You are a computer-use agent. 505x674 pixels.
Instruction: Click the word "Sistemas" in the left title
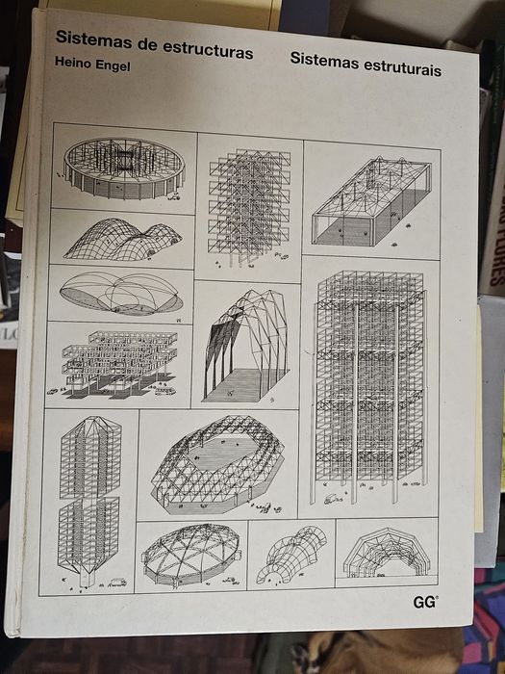click(x=88, y=39)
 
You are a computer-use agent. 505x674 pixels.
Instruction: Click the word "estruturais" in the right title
click(x=402, y=67)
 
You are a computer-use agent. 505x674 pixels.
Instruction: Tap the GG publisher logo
click(x=425, y=603)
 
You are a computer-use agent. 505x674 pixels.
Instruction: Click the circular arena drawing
click(x=124, y=168)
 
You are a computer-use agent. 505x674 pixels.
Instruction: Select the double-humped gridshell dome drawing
click(x=123, y=240)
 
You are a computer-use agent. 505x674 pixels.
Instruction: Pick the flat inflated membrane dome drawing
click(x=121, y=294)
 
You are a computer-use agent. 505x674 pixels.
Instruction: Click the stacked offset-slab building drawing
click(x=118, y=365)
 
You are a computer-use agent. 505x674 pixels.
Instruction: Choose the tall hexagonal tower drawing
click(x=89, y=501)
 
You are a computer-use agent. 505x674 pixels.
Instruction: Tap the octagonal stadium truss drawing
click(x=217, y=464)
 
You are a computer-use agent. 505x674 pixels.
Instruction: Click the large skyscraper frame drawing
click(x=369, y=387)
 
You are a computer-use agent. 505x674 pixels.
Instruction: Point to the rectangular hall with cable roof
click(x=372, y=201)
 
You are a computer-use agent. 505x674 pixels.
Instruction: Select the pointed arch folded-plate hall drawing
click(x=246, y=346)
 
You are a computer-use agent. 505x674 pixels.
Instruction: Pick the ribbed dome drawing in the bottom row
click(x=191, y=555)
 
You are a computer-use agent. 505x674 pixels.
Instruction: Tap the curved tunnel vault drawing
click(x=291, y=554)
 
